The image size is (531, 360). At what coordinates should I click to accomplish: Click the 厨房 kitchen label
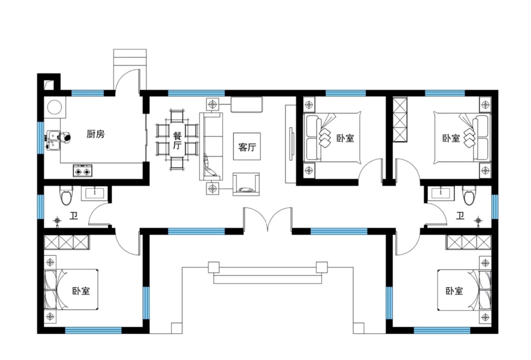[96, 134]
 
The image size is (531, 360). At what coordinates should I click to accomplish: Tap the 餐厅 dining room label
[177, 141]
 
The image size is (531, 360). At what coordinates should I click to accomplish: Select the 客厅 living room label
[247, 147]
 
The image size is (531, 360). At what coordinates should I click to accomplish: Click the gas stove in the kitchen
[83, 171]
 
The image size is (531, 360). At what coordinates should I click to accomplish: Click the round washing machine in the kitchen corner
[55, 107]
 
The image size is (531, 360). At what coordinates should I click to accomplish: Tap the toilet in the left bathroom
[66, 195]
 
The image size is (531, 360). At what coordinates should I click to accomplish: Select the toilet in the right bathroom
[469, 195]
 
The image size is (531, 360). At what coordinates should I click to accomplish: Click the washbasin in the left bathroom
[94, 193]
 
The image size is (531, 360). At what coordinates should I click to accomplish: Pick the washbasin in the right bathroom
[441, 193]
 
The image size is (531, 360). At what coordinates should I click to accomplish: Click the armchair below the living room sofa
[246, 184]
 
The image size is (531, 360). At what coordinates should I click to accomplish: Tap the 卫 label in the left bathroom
[74, 216]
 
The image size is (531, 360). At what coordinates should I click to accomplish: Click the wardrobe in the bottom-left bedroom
[66, 242]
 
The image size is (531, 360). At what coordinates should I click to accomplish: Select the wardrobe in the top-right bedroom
[400, 120]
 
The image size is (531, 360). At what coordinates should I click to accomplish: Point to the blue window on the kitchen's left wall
[41, 138]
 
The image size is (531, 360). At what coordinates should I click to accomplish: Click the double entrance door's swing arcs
[268, 218]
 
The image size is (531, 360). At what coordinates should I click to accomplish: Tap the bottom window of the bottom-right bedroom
[442, 330]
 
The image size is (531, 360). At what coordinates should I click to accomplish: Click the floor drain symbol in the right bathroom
[478, 221]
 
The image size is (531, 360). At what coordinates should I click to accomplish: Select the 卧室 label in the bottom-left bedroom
[81, 291]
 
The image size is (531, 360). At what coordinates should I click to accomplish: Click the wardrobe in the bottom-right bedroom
[469, 242]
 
